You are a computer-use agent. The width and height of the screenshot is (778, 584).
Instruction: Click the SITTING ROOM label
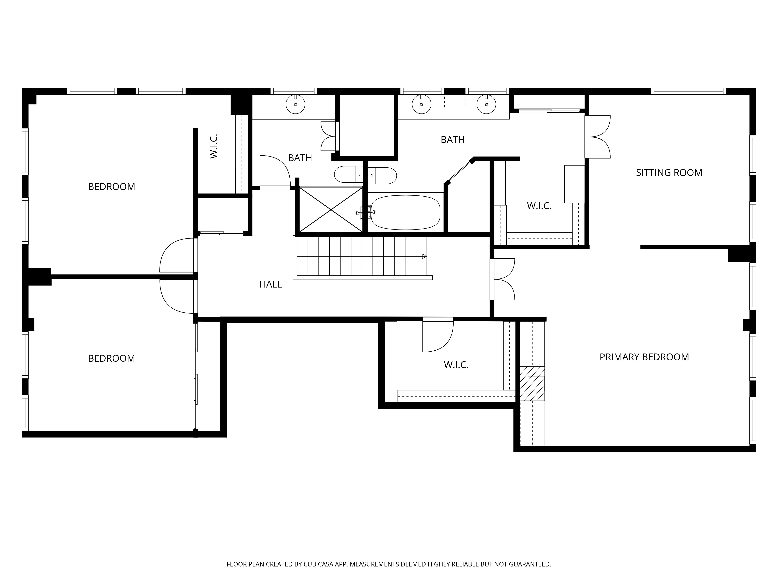[x=669, y=173]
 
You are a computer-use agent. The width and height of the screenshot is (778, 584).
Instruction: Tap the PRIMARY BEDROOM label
[x=644, y=357]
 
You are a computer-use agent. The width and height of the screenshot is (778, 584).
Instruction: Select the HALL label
[x=271, y=284]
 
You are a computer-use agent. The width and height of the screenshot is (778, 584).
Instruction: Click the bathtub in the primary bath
[x=406, y=213]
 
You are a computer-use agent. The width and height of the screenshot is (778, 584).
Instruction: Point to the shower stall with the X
[x=331, y=210]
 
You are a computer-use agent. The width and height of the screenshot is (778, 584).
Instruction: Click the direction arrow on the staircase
[x=424, y=256]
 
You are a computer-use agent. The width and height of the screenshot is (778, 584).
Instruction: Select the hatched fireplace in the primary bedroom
[x=532, y=384]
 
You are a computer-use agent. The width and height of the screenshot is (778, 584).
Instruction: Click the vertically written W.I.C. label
[x=214, y=146]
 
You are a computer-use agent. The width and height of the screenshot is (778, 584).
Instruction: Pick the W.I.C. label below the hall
[x=456, y=365]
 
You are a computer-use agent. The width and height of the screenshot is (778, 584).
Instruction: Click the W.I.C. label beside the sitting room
[x=539, y=206]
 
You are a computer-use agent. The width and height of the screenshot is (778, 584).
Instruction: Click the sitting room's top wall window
[x=688, y=91]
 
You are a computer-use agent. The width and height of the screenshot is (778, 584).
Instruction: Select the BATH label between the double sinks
[x=453, y=140]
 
